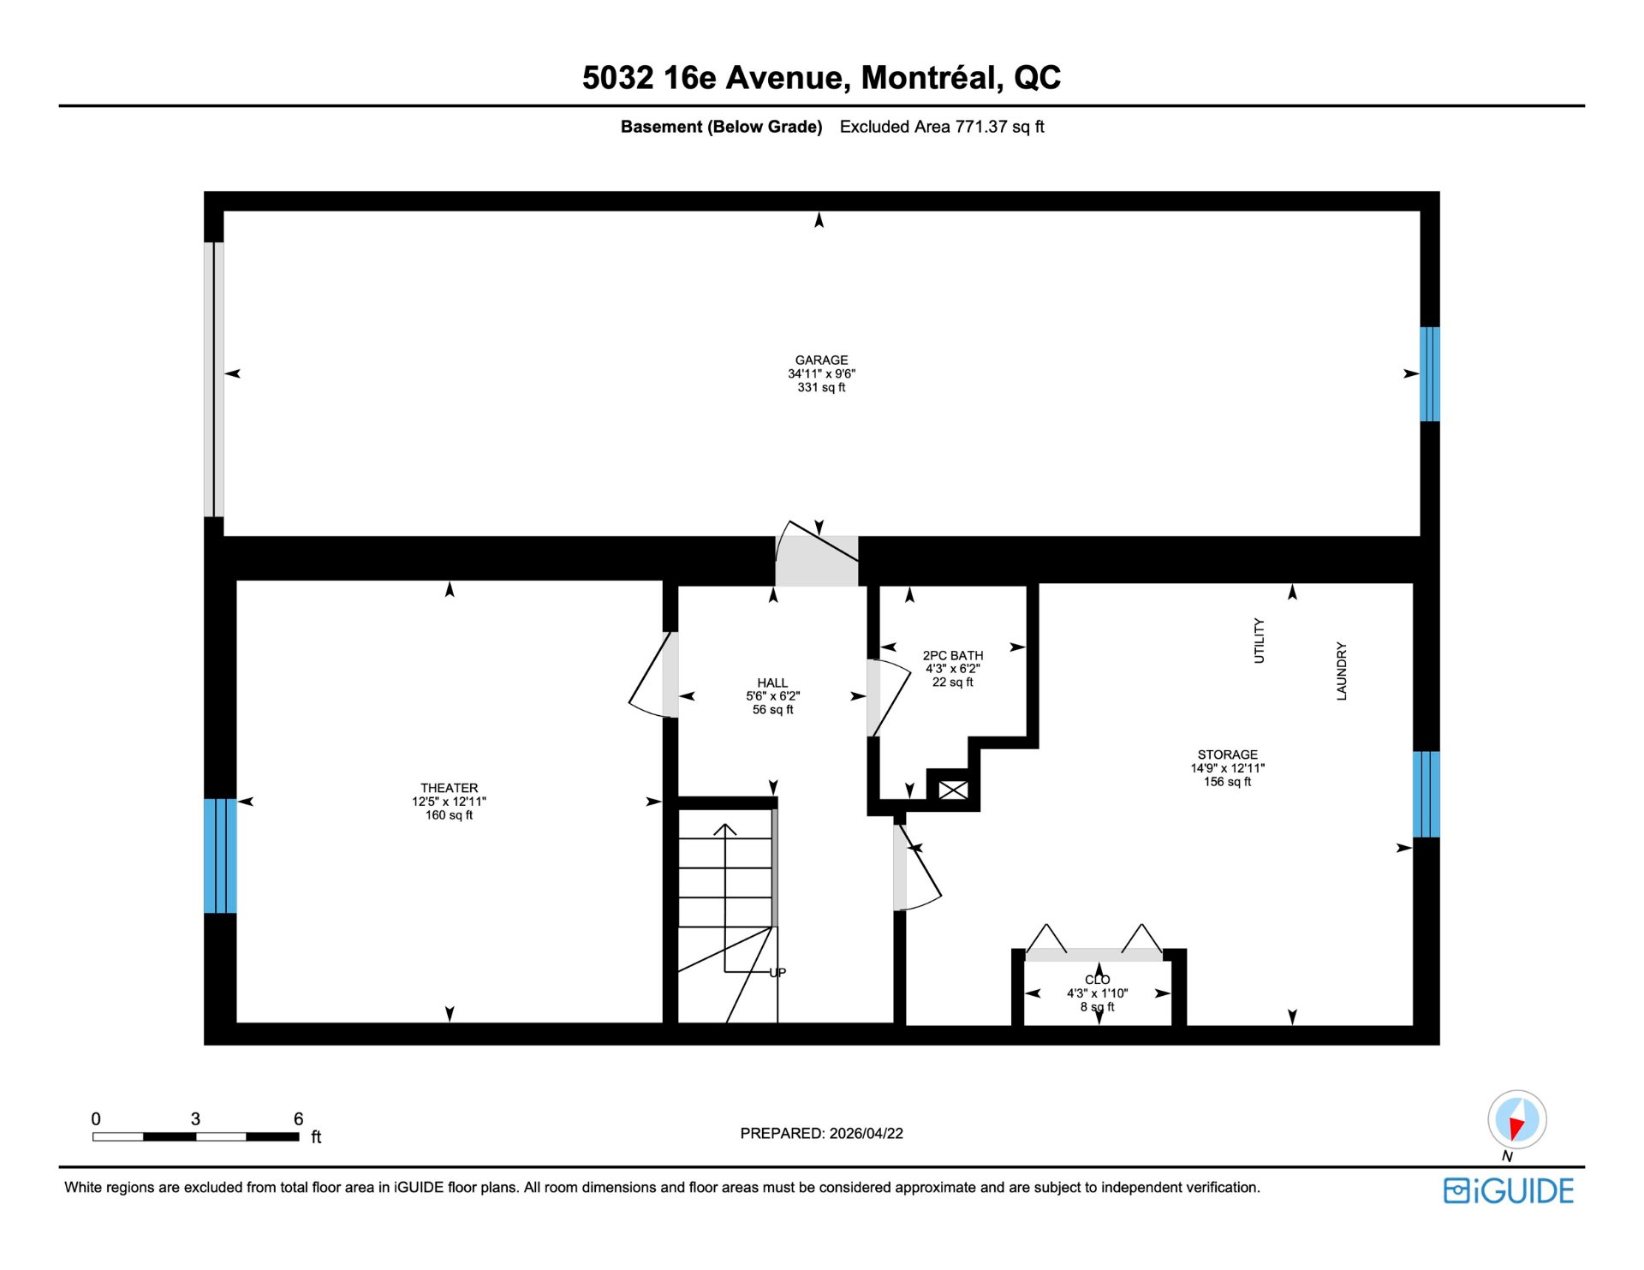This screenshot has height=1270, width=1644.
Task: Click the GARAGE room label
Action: (x=821, y=361)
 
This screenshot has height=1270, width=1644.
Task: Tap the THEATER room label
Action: (x=449, y=788)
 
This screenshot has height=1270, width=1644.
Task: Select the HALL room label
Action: (x=772, y=683)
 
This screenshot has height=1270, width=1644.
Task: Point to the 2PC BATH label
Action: (x=953, y=655)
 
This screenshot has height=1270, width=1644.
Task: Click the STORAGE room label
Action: (x=1227, y=754)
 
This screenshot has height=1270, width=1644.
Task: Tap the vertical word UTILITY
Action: (x=1259, y=641)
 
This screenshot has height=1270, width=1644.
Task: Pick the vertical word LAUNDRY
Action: (x=1342, y=671)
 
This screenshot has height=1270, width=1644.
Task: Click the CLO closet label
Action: (x=1097, y=980)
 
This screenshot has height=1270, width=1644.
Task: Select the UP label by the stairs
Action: (x=777, y=973)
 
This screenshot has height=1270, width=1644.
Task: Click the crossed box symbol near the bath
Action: (x=953, y=790)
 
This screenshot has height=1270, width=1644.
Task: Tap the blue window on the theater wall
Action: (x=220, y=856)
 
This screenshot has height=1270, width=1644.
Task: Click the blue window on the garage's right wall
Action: (x=1430, y=374)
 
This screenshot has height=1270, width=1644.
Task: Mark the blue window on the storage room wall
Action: (x=1427, y=794)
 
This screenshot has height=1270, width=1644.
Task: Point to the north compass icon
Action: (x=1516, y=1120)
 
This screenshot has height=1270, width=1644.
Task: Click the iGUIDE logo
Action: (x=1509, y=1191)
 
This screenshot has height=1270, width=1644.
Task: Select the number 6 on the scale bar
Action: (x=298, y=1118)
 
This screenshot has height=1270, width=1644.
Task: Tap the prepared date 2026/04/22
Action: (x=866, y=1133)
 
